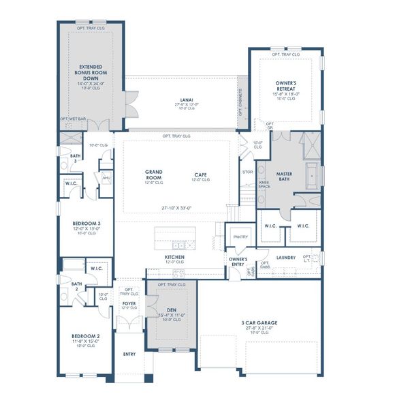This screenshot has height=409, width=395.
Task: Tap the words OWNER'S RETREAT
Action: tap(285, 85)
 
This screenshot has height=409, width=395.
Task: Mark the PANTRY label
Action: tap(240, 237)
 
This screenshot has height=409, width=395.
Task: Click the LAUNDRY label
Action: tap(285, 258)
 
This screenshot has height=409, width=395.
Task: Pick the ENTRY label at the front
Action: tap(129, 354)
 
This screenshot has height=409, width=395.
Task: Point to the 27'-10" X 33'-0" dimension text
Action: tap(176, 208)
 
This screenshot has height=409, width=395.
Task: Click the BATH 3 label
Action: tap(74, 158)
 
